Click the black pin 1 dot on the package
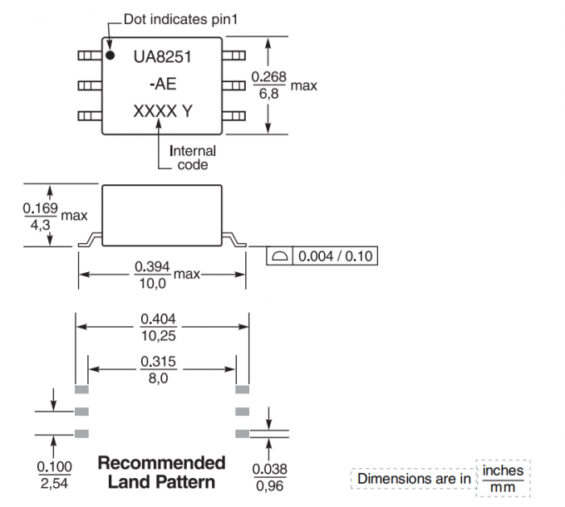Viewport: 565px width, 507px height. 110,56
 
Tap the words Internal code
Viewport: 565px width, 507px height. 193,158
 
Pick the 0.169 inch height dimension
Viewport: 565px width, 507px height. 40,208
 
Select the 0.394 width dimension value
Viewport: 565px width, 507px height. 152,266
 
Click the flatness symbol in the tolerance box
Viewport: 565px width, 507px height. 280,256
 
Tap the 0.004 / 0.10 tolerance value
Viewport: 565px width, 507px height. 335,256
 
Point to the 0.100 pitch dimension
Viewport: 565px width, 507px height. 55,466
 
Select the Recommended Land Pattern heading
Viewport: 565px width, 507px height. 162,471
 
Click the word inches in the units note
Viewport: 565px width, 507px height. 503,470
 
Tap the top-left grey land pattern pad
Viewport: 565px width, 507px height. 81,388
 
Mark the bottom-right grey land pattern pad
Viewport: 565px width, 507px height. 242,432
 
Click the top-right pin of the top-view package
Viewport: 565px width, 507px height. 237,56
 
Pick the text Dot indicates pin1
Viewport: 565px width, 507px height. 177,18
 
